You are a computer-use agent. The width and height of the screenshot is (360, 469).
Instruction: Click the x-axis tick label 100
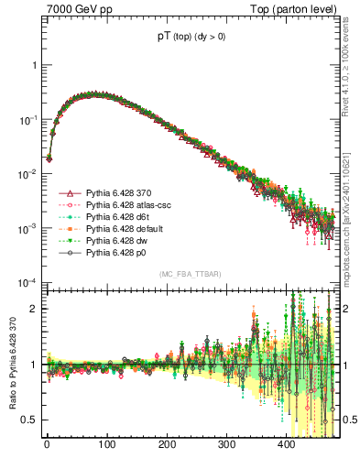click(x=106, y=444)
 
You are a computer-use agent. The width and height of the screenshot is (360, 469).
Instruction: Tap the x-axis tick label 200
click(x=167, y=444)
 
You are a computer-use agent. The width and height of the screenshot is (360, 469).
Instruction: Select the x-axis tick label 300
click(x=226, y=444)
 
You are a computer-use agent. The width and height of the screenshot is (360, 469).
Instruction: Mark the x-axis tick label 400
click(x=287, y=444)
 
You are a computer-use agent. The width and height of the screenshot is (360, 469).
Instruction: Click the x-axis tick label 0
click(x=47, y=444)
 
